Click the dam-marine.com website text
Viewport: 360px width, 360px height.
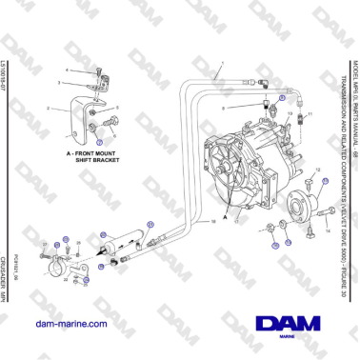pyautogui.click(x=69, y=325)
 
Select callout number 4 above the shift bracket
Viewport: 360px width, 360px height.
pyautogui.click(x=68, y=70)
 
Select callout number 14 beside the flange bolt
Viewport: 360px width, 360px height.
pyautogui.click(x=328, y=229)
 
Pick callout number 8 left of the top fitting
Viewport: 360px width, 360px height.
pyautogui.click(x=249, y=109)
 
